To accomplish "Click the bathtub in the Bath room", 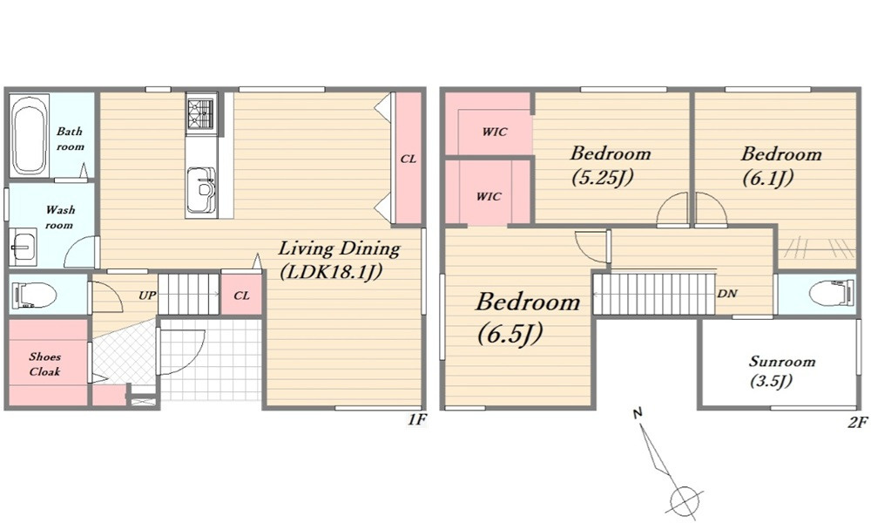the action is (x=30, y=136).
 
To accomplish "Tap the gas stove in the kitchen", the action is (x=201, y=114).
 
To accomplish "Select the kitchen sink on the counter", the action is (x=201, y=190).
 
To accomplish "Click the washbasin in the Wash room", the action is (x=23, y=245).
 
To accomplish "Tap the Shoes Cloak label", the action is (x=45, y=364).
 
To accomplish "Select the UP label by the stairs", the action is (x=147, y=295).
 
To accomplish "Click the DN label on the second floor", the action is (x=727, y=294).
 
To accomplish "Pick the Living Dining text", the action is (x=339, y=248).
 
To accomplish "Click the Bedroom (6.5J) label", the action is (x=528, y=316).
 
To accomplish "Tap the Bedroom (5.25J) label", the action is (x=611, y=165).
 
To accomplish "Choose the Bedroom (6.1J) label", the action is (x=781, y=165).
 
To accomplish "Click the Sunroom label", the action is (x=782, y=361).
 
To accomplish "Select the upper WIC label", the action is (x=495, y=132).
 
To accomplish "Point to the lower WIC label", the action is (x=489, y=196).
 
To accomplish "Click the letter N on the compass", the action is (x=638, y=413).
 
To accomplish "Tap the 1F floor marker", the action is (x=417, y=419).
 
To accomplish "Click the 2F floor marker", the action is (x=857, y=423).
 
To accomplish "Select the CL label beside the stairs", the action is (x=241, y=295).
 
